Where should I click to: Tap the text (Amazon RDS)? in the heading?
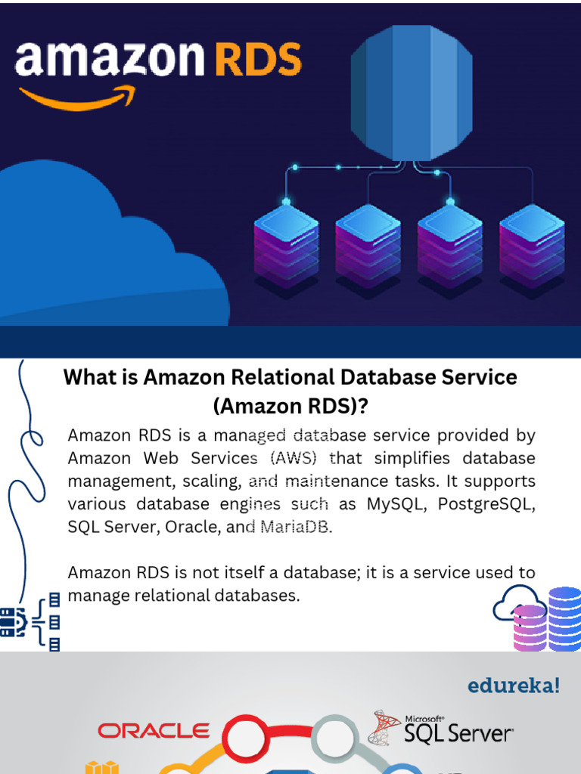tap(290, 406)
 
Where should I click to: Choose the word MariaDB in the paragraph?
tap(296, 527)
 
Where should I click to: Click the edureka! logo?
tap(514, 686)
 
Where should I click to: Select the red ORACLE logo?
tap(154, 730)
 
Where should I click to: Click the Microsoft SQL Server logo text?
tap(458, 732)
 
